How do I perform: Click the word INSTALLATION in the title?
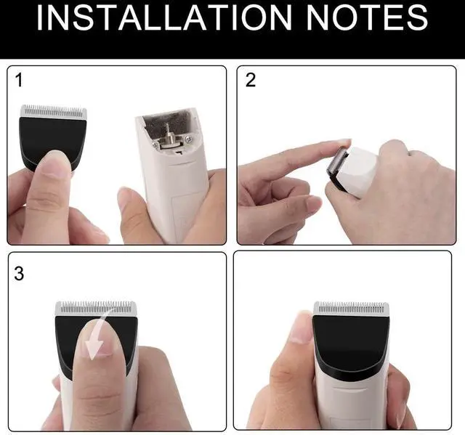(164, 17)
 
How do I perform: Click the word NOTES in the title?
(367, 17)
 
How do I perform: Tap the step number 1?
(19, 81)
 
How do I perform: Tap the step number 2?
(251, 80)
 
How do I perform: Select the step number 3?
(19, 274)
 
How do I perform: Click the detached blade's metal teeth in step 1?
(53, 112)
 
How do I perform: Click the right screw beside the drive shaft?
(188, 139)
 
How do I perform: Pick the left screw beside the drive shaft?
(155, 145)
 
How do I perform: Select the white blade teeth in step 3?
(96, 309)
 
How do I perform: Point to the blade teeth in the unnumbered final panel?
(352, 309)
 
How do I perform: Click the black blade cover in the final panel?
(350, 341)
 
